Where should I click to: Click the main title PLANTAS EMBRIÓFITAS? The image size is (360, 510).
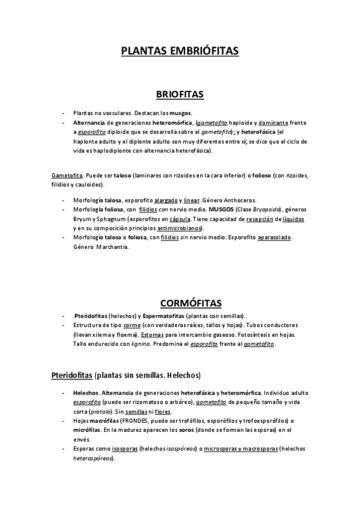click(180, 52)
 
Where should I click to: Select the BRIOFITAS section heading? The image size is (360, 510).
click(180, 94)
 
